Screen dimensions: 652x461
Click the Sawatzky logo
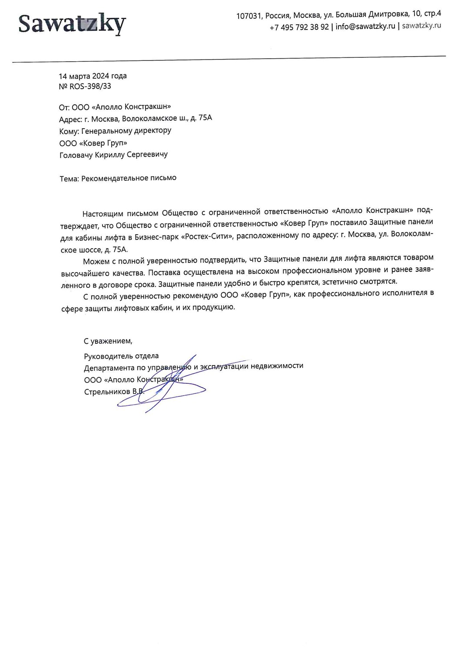click(72, 24)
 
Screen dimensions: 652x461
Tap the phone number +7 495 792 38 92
click(299, 27)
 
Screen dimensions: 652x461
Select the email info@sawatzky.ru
click(365, 26)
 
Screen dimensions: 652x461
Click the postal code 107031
click(249, 16)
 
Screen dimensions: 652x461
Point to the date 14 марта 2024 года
click(93, 76)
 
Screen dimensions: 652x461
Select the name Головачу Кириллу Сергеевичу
click(113, 154)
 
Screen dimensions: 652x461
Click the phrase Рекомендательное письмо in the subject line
click(129, 178)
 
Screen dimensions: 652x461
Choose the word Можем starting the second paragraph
click(96, 261)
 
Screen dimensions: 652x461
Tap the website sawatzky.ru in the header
click(421, 25)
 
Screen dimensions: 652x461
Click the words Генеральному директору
click(126, 130)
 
